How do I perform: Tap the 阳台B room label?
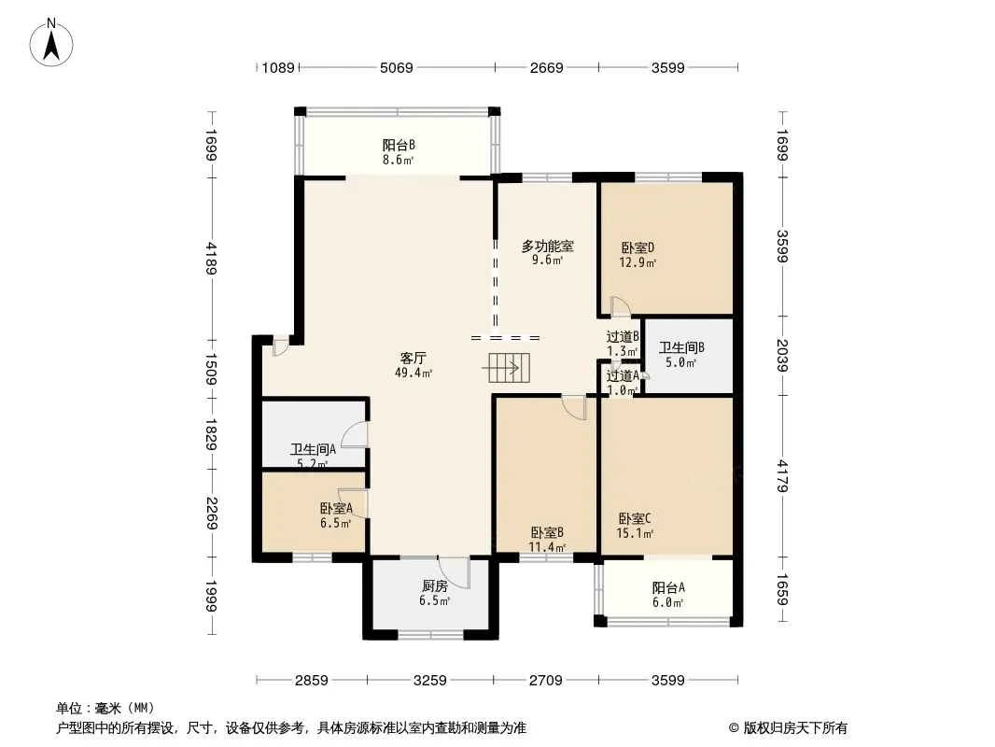pos(399,145)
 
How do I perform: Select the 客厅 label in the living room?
pos(414,359)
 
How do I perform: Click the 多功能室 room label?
pos(547,247)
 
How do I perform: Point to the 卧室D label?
pos(638,247)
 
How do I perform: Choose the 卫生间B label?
pos(681,348)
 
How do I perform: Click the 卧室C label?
pos(635,518)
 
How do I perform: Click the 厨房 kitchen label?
pos(435,585)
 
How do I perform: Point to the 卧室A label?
pos(335,509)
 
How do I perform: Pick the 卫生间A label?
pos(312,448)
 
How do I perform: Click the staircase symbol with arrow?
pos(507,368)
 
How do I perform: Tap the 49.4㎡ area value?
pos(414,373)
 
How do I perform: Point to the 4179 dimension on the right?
pos(783,475)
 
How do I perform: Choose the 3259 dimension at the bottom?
pos(430,681)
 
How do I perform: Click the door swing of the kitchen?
pos(455,570)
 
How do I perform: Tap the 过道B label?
pos(622,337)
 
